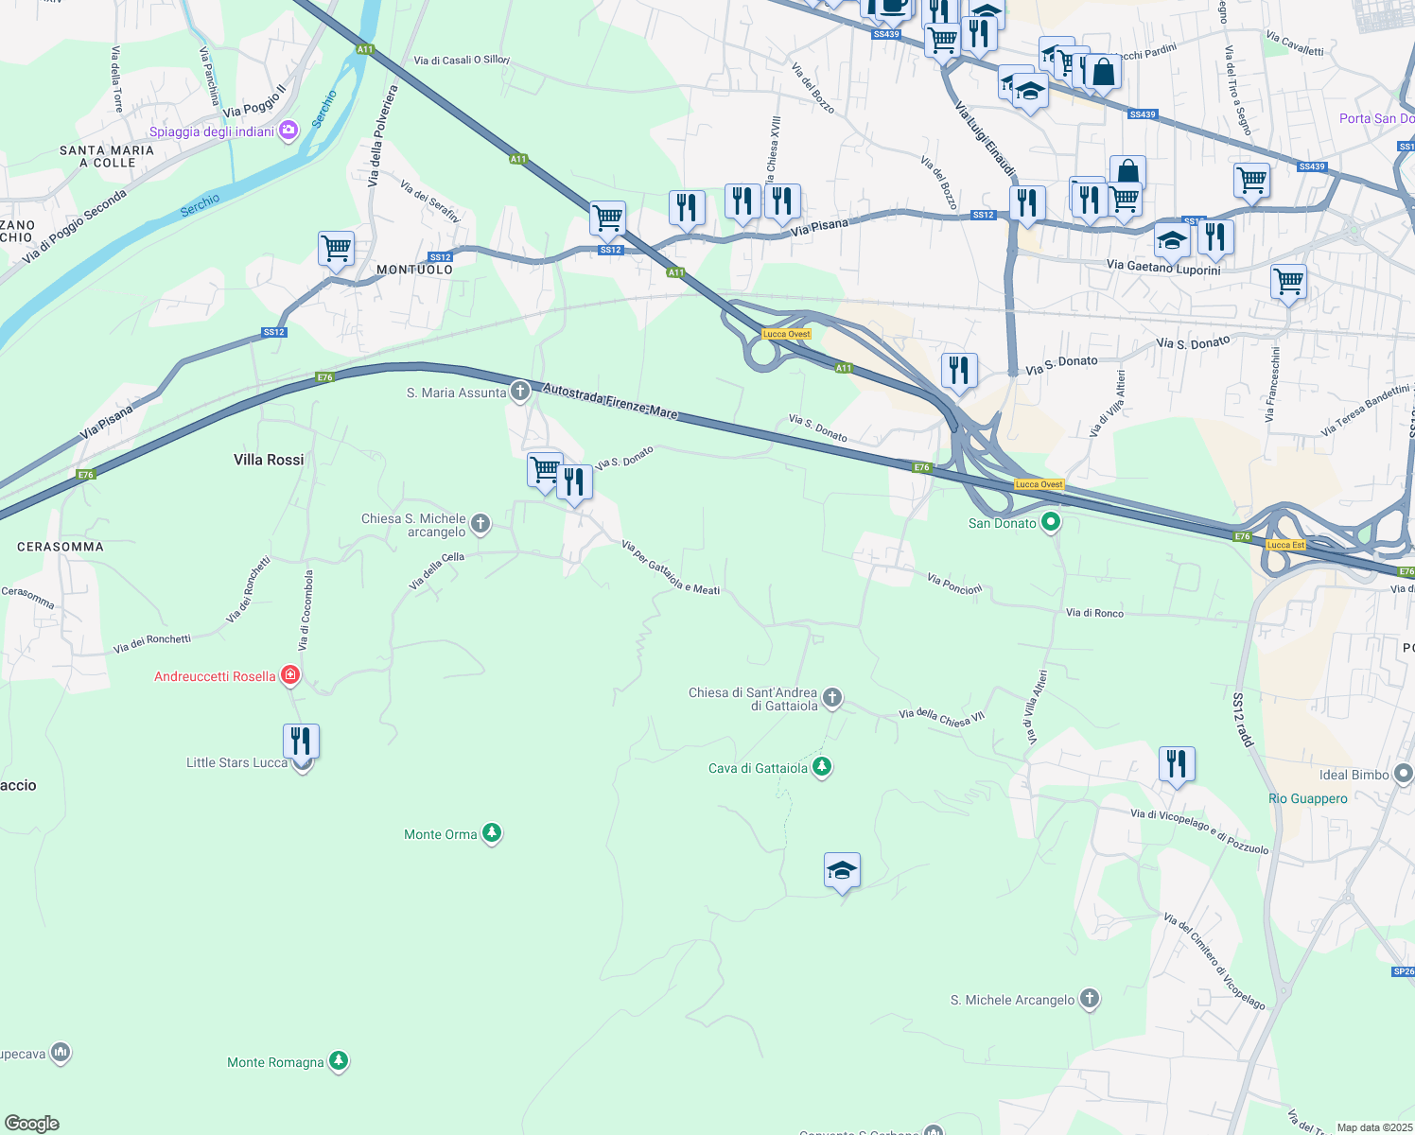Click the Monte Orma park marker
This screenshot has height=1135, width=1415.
(x=491, y=833)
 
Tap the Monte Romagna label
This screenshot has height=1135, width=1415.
(x=275, y=1062)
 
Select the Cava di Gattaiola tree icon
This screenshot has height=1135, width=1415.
(x=822, y=767)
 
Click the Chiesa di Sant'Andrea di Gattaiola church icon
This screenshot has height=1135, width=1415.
(x=832, y=698)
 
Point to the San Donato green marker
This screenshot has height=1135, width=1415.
(x=1050, y=522)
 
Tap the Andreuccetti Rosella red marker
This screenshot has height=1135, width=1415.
(x=291, y=675)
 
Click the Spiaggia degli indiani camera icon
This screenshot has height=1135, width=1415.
(x=288, y=131)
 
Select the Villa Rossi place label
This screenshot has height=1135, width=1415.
(x=269, y=460)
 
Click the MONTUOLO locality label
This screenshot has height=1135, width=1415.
(x=414, y=270)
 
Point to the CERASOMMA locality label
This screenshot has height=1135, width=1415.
(x=61, y=547)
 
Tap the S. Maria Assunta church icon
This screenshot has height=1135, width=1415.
(x=519, y=392)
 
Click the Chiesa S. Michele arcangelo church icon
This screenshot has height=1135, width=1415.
(x=480, y=523)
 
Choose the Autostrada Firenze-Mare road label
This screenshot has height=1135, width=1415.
(x=610, y=400)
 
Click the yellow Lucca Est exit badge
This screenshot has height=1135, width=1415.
(x=1285, y=545)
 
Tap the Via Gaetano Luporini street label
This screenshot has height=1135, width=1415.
(x=1163, y=268)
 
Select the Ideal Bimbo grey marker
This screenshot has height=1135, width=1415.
(x=1404, y=774)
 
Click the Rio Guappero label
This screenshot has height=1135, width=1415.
(x=1307, y=798)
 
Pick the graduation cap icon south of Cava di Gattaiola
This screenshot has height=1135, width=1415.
(x=841, y=871)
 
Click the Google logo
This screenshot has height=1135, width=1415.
(x=32, y=1123)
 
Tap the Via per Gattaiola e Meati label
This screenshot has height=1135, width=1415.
(x=670, y=568)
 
